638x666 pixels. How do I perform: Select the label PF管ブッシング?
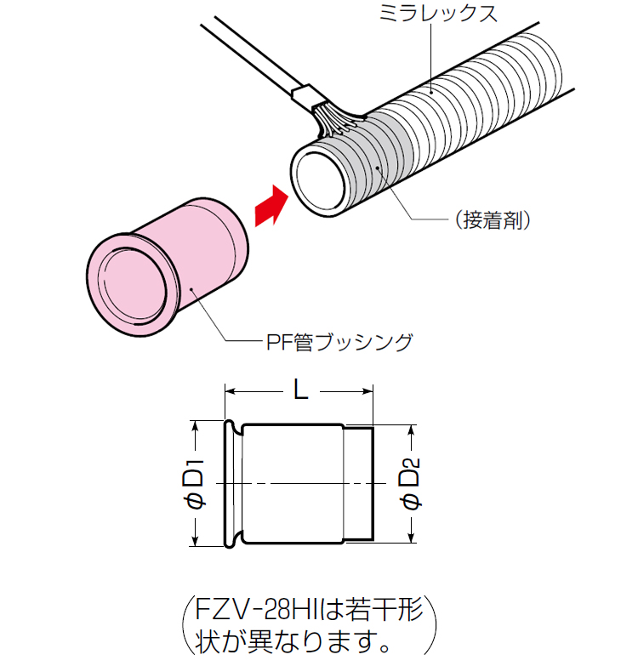pos(335,343)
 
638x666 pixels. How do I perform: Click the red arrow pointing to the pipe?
pos(271,206)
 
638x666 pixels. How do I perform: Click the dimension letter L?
pos(299,390)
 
